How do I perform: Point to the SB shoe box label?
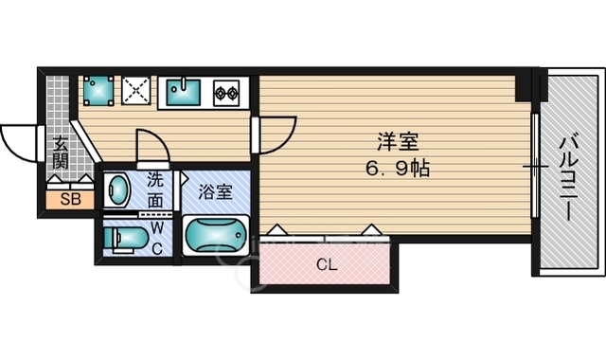(70, 199)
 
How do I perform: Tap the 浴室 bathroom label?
(216, 190)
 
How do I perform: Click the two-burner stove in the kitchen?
(227, 93)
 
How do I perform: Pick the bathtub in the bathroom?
(215, 235)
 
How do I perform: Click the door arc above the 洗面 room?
(152, 147)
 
